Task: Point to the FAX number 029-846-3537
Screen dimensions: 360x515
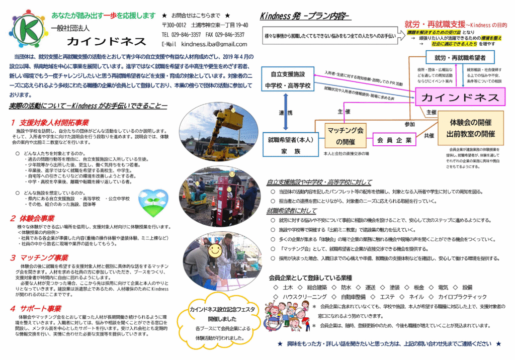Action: [x=229, y=35]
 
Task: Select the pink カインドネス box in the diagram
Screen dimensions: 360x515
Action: [x=460, y=98]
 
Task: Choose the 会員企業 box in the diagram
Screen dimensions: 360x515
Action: [x=394, y=140]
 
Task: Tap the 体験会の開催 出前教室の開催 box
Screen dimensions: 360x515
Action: [x=470, y=128]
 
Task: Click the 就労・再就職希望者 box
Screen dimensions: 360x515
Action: [x=460, y=58]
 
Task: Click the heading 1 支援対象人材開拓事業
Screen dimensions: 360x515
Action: [x=50, y=122]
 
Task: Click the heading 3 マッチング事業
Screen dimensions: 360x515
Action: [x=40, y=257]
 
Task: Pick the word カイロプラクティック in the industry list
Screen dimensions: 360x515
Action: [x=463, y=297]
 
